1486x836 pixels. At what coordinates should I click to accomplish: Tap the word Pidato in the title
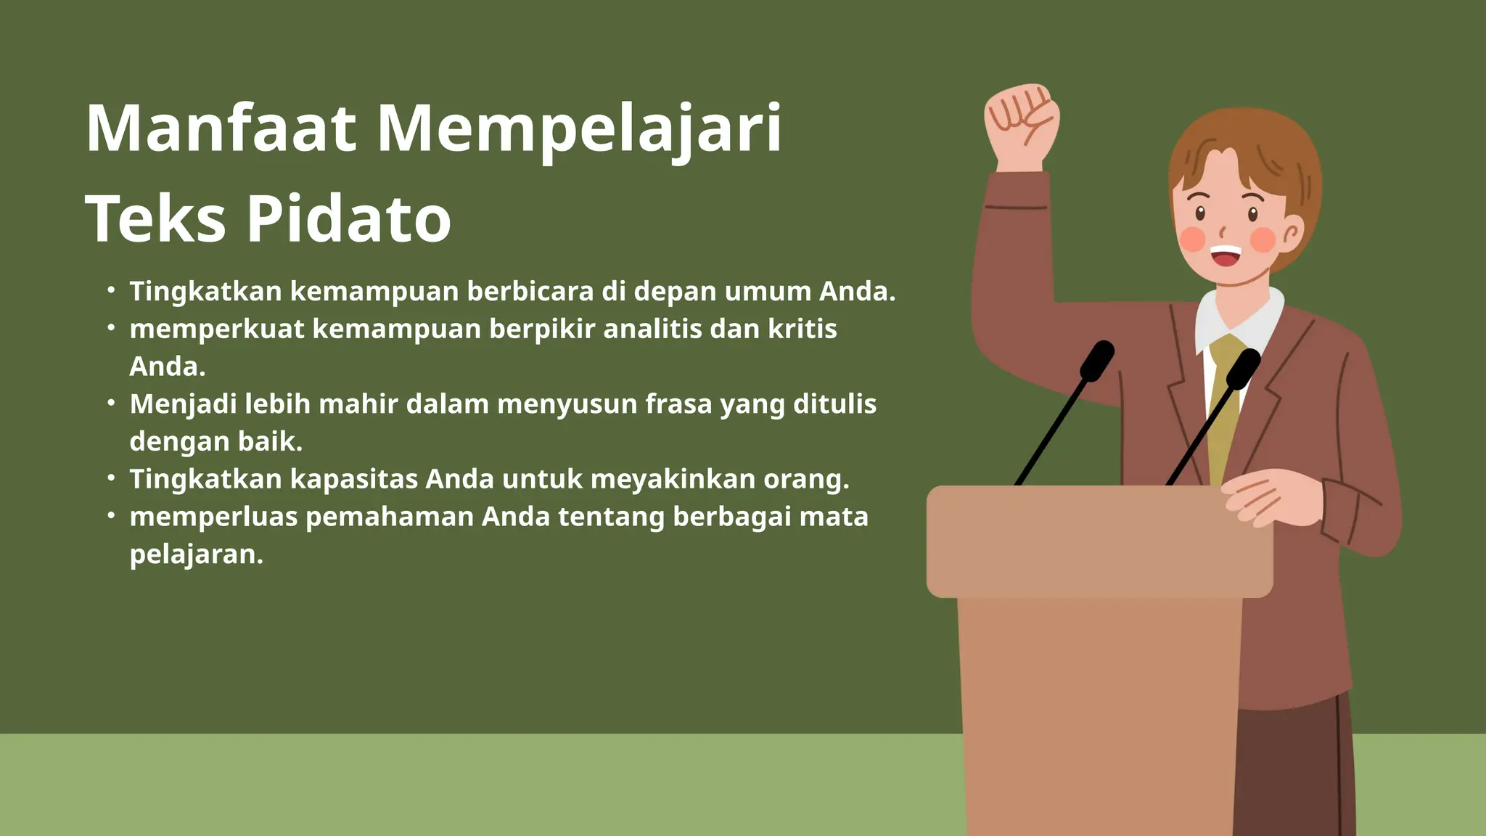(x=349, y=218)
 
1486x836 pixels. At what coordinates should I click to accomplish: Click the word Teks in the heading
(x=156, y=218)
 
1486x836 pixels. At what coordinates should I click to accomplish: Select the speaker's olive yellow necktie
(x=1226, y=406)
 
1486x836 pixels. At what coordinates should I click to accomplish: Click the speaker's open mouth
(x=1226, y=255)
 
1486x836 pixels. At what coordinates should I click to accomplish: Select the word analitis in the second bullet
(x=652, y=329)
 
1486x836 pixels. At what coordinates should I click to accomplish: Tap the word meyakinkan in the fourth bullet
(x=673, y=479)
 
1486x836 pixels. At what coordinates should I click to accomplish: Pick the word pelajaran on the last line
(x=196, y=554)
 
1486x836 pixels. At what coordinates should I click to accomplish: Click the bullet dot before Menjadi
(x=111, y=403)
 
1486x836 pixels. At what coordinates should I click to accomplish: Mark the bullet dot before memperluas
(x=111, y=515)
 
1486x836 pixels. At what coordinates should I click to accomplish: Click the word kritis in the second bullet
(x=802, y=329)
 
